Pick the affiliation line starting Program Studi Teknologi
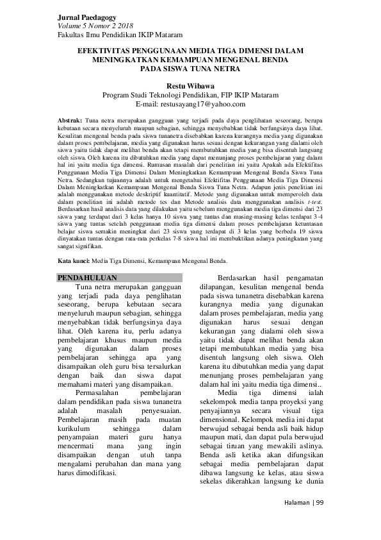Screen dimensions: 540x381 190,95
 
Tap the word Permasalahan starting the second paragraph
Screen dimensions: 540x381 101,391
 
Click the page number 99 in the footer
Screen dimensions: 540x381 320,502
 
